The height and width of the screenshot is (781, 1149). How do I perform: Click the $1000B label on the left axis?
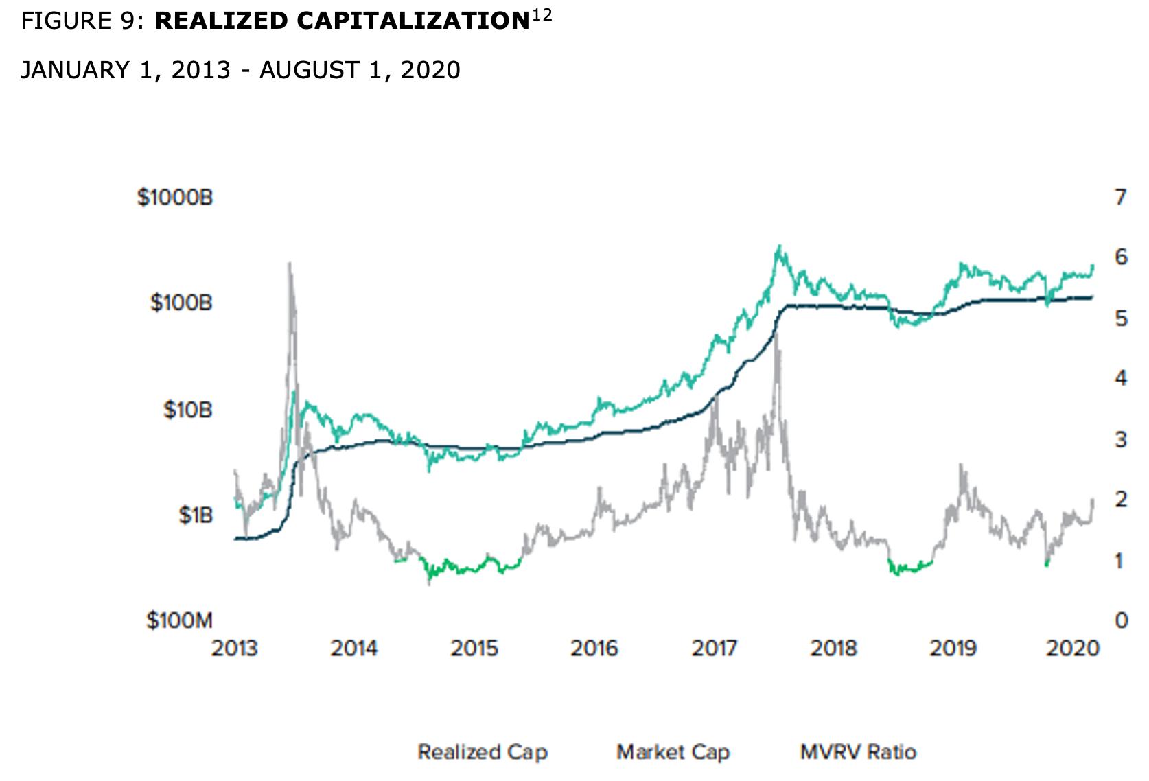point(175,198)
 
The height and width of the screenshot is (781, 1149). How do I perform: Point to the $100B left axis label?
point(181,303)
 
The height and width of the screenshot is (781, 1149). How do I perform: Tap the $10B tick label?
point(187,410)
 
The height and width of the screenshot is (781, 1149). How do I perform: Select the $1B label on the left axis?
point(195,515)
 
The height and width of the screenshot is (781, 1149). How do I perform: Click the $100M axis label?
point(179,620)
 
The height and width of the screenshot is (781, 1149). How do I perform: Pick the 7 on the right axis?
point(1120,198)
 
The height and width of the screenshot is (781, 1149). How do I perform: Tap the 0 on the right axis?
point(1121,620)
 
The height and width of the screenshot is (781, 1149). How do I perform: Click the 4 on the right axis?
point(1121,378)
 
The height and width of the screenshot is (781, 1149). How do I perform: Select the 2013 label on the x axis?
point(234,649)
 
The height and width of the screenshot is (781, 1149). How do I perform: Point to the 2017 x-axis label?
point(714,649)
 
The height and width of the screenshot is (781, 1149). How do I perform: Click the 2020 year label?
point(1072,649)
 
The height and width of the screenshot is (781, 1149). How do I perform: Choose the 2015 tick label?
point(474,649)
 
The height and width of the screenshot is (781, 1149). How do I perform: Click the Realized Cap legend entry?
point(483,752)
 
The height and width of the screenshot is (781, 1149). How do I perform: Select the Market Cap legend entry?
point(673,752)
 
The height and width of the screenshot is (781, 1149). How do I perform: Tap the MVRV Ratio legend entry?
point(858,752)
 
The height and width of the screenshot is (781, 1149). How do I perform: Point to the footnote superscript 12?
point(542,14)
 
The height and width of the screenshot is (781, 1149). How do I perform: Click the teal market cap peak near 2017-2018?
point(778,246)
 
